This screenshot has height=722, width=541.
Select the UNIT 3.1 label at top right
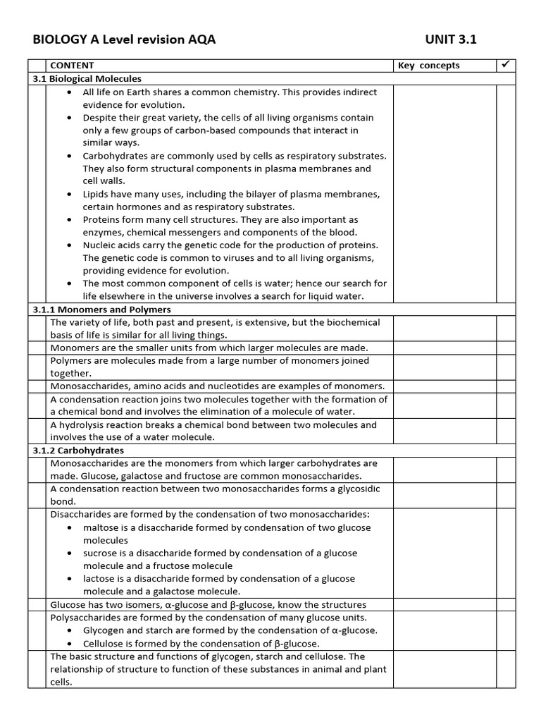coord(451,40)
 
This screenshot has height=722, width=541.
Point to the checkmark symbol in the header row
coord(505,65)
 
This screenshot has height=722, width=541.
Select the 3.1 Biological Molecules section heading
coord(87,79)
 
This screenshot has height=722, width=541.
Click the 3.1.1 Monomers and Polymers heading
coord(102,310)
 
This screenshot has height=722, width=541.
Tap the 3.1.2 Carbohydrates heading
coord(78,451)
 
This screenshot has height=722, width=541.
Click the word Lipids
coord(96,194)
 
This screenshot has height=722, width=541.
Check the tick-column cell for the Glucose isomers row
coord(506,605)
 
